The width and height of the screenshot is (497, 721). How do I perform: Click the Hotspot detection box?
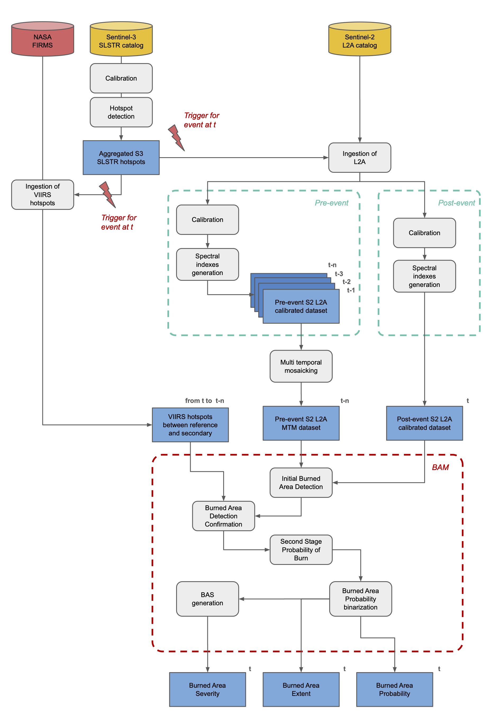[121, 112]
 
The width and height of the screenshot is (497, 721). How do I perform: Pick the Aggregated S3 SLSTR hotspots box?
[121, 157]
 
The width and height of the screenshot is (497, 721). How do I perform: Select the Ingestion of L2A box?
[359, 157]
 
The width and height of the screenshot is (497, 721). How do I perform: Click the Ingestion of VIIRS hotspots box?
[42, 194]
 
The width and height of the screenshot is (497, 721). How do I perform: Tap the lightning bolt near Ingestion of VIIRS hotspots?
[107, 194]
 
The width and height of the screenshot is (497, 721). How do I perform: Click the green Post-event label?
[456, 203]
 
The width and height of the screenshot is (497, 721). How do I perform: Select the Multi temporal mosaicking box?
[301, 366]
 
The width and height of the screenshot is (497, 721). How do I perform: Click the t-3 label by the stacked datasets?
[339, 274]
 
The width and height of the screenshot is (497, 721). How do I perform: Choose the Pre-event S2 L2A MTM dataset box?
[301, 423]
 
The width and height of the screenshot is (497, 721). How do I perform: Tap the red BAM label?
[440, 467]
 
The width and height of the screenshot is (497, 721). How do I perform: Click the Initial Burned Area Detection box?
[301, 482]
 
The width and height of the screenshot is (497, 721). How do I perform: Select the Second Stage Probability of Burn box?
[301, 550]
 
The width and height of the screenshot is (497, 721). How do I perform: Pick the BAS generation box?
[207, 599]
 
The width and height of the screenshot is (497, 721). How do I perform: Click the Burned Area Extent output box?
[301, 689]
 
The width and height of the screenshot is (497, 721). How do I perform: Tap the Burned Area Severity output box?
[207, 689]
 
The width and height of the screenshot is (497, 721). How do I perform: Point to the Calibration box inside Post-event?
[424, 233]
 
